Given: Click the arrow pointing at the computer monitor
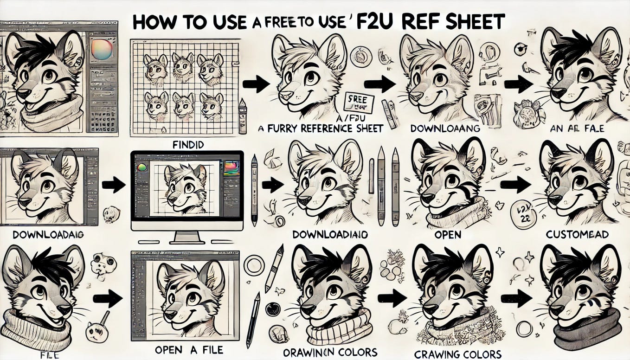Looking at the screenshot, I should (x=113, y=185).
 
